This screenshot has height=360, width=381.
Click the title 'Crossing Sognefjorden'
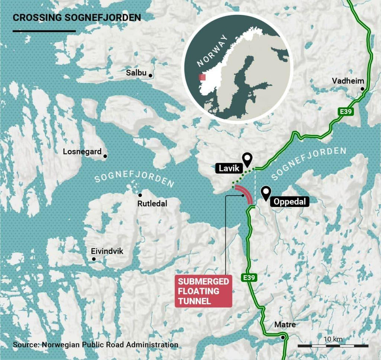(x=77, y=18)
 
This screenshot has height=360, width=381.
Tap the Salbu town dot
(x=150, y=76)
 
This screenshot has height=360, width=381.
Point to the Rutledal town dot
(x=140, y=195)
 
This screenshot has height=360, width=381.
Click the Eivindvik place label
(x=107, y=251)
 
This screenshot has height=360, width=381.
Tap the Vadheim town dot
(x=362, y=89)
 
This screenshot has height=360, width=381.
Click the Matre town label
(x=285, y=325)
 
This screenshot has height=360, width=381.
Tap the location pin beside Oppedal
(x=265, y=193)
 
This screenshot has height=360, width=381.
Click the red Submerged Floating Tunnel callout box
(x=204, y=291)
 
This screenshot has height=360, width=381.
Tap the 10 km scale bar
(x=333, y=346)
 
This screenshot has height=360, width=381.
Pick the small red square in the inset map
(x=202, y=78)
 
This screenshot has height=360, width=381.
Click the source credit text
(x=95, y=345)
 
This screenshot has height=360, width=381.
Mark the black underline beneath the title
(x=44, y=31)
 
